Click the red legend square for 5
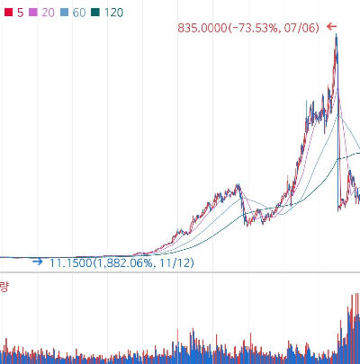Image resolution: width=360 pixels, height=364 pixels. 8,13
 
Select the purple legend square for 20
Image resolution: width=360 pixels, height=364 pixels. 33,13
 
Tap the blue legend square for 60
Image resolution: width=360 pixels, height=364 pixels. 64,13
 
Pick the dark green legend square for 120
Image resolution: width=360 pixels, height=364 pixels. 95,13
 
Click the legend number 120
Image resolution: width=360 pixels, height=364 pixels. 113,13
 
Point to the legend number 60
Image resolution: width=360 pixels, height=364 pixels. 79,13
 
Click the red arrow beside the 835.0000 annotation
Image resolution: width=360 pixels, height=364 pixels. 331,27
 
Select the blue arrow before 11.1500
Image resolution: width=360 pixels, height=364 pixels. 38,262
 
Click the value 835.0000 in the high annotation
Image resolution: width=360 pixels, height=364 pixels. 202,28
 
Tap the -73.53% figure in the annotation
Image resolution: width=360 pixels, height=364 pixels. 255,28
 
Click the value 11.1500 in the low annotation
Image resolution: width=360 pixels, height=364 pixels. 70,263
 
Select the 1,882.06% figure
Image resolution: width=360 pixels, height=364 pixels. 125,263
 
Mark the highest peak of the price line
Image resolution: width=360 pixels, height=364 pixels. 336,34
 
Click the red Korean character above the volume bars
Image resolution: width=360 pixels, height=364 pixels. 4,287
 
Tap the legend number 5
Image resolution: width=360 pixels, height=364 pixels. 20,13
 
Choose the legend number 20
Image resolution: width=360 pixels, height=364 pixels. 48,13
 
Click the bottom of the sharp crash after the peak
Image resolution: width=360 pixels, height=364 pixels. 338,211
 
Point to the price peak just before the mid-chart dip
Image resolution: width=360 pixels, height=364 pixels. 238,184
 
